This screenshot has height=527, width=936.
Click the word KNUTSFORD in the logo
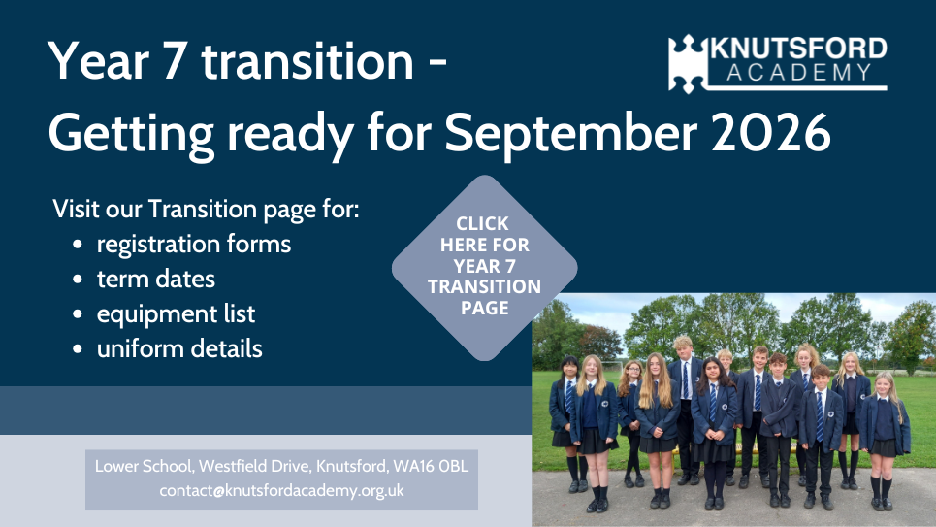tap(798, 49)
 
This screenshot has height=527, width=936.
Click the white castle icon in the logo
tap(687, 64)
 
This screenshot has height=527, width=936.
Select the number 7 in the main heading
tap(174, 61)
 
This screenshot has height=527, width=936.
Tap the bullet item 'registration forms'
tap(194, 244)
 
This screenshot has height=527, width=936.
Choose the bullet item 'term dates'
tap(156, 280)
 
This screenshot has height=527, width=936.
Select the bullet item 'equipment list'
tap(177, 314)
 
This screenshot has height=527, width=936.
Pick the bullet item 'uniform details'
tap(179, 349)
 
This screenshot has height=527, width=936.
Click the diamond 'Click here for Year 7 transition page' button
tap(484, 268)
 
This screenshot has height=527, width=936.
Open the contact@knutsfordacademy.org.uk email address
tap(281, 490)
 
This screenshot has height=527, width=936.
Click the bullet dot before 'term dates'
tap(77, 280)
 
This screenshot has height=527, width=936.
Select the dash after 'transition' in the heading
tap(437, 64)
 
